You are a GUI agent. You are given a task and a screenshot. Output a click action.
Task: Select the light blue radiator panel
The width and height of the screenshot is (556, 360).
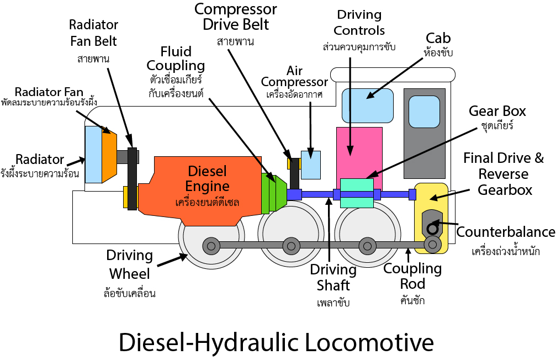click(92, 154)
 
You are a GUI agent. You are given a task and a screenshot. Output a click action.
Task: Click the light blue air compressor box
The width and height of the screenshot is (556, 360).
click(310, 165)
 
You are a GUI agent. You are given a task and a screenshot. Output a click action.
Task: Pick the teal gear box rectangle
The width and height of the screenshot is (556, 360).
click(357, 193)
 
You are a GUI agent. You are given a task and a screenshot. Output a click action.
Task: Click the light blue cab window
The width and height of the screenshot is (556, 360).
click(367, 105)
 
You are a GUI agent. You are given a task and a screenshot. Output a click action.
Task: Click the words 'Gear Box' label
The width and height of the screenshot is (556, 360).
click(497, 111)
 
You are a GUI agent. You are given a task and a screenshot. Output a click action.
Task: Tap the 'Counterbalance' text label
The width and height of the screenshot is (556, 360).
click(506, 232)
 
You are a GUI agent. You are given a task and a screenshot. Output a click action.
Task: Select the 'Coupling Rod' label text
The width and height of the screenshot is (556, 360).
click(412, 276)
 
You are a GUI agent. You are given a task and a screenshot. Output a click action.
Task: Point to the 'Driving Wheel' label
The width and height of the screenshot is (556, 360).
click(130, 264)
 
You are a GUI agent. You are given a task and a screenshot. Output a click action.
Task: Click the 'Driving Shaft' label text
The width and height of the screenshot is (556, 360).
click(333, 277)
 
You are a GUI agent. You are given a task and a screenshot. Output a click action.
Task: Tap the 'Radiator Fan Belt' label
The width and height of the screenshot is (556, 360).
click(93, 33)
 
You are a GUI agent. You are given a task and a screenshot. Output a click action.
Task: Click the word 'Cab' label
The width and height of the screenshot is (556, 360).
click(438, 38)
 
